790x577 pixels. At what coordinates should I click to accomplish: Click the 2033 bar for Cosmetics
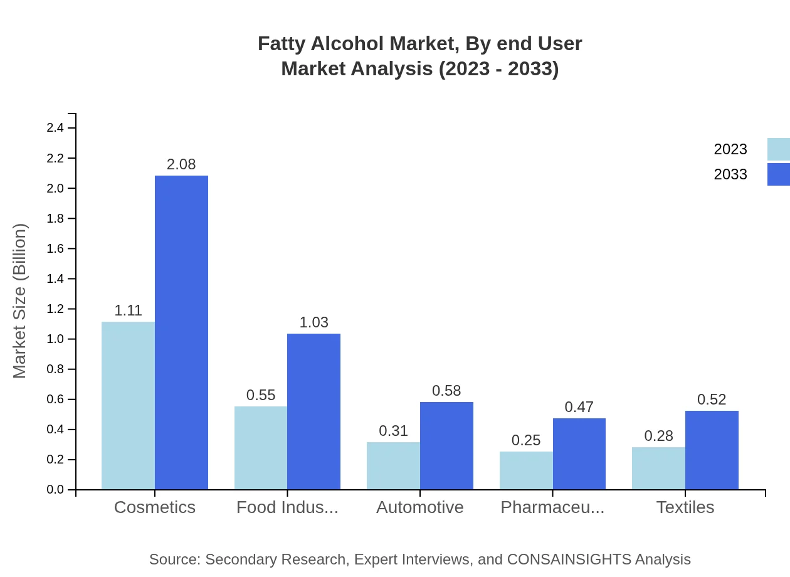[x=181, y=332]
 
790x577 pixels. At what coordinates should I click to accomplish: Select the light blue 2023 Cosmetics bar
[x=128, y=405]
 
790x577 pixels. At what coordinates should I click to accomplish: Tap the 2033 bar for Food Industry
[x=313, y=411]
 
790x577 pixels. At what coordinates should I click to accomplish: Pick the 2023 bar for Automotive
[x=393, y=465]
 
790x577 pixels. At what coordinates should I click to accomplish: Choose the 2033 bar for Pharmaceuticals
[x=579, y=453]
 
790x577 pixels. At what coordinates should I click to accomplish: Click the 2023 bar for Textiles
[x=658, y=468]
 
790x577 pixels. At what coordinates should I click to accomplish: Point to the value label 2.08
[x=181, y=164]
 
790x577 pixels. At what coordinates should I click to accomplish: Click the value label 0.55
[x=261, y=395]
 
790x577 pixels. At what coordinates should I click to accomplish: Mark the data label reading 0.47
[x=579, y=407]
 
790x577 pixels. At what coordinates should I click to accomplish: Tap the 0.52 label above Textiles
[x=712, y=400]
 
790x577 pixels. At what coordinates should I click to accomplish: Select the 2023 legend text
[x=730, y=149]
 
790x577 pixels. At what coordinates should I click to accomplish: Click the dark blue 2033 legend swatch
[x=778, y=174]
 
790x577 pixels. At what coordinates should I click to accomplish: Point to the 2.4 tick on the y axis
[x=55, y=128]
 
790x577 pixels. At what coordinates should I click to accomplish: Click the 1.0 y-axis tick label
[x=55, y=339]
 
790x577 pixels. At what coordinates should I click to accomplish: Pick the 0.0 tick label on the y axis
[x=55, y=490]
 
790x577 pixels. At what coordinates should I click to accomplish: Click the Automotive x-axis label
[x=420, y=507]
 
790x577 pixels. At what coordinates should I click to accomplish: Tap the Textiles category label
[x=685, y=507]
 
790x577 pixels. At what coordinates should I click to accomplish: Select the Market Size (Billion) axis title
[x=20, y=301]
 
